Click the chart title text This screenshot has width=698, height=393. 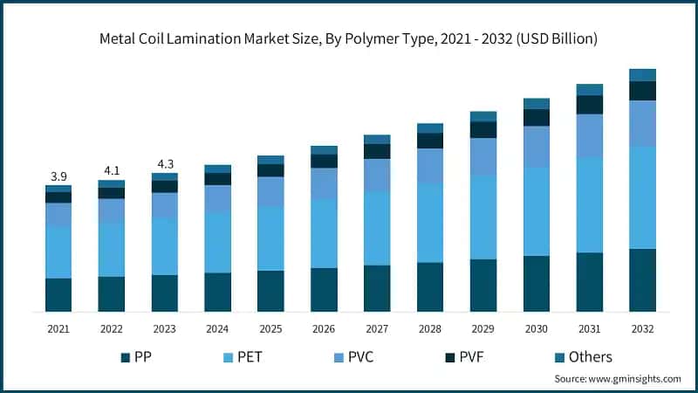pos(348,38)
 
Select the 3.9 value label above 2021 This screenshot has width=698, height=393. pos(58,176)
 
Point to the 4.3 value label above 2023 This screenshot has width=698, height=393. pos(164,163)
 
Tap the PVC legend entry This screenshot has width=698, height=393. pos(359,356)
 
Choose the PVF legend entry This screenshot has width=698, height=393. pos(470,356)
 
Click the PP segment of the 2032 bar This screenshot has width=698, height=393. pos(642,280)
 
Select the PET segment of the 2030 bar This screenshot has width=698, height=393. pos(537,211)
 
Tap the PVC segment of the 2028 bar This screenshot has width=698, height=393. pos(430,166)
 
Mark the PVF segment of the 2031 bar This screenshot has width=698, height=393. pos(589,105)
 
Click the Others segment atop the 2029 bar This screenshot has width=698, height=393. pos(483,116)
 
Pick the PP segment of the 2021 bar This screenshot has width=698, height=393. pos(58,295)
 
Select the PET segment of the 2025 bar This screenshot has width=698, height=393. pos(270,238)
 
